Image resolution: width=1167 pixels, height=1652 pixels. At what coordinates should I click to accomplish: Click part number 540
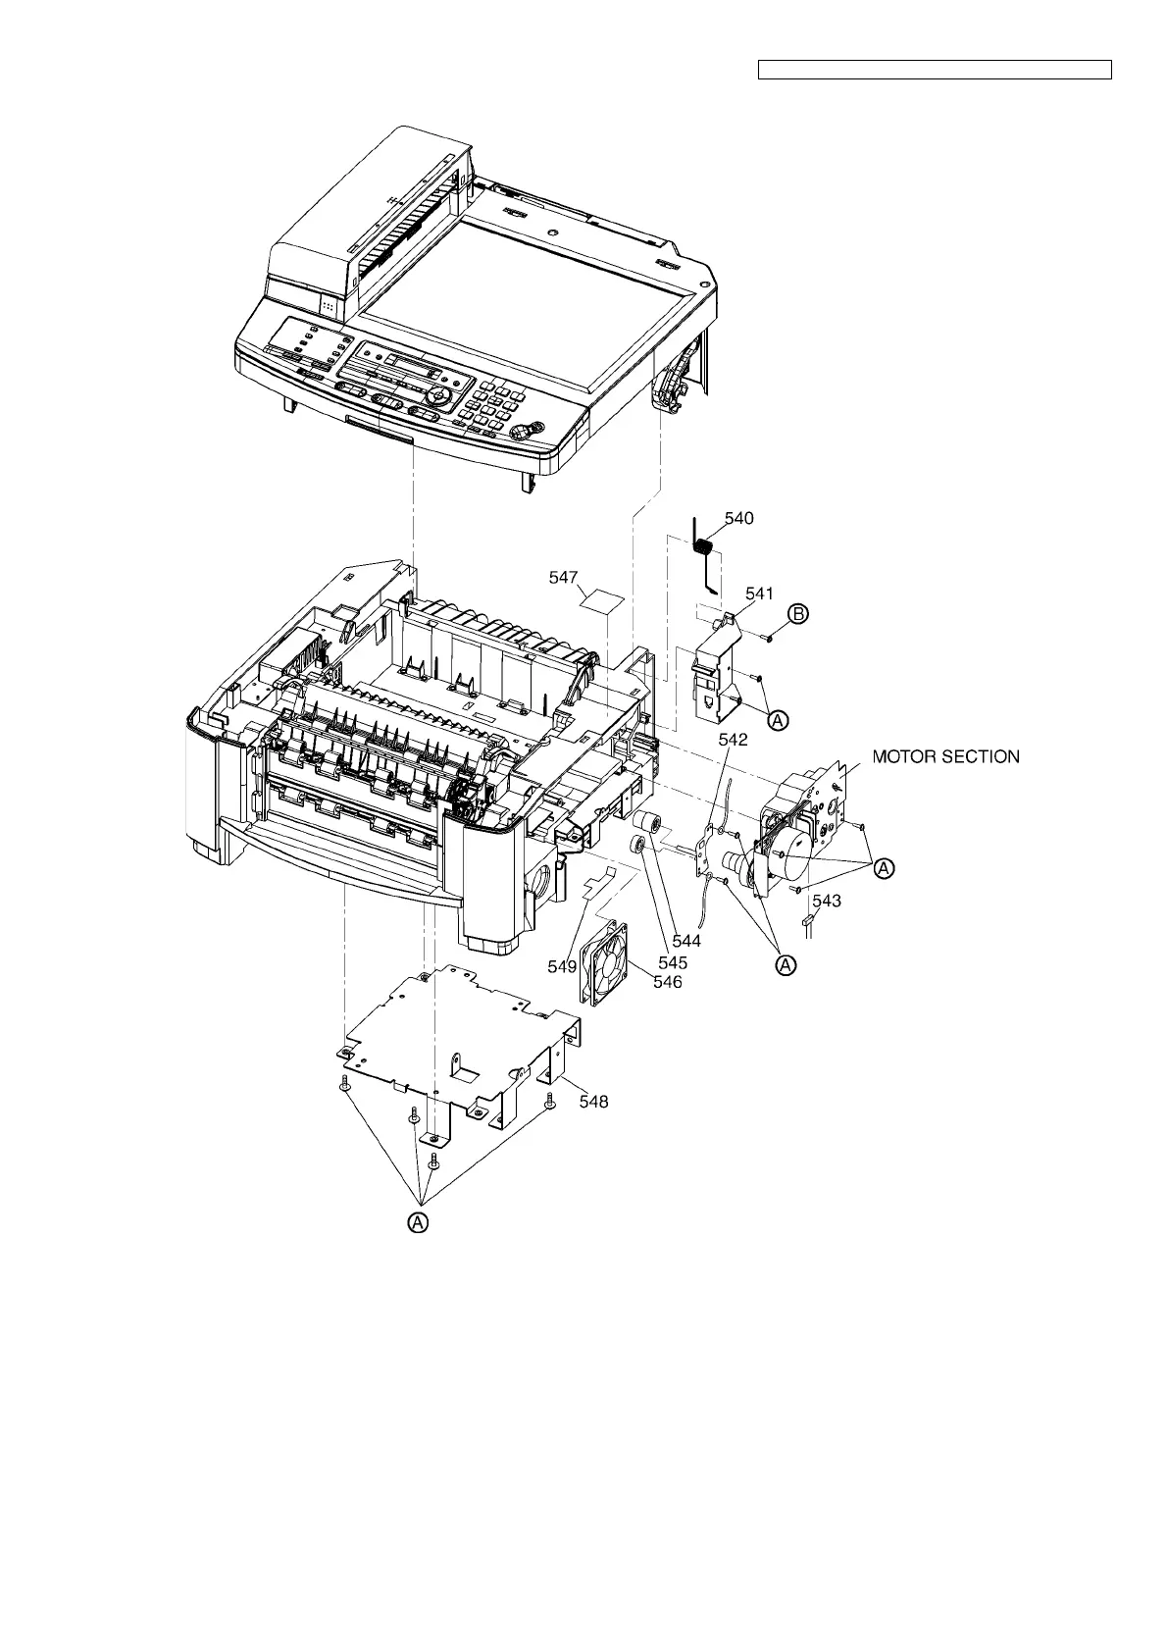coord(738,518)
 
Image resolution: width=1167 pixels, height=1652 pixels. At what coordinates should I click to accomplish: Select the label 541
coord(759,594)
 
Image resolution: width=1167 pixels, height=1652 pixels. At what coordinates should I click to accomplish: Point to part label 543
coord(827,901)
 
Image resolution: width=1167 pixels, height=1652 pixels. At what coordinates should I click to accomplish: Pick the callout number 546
coord(668,981)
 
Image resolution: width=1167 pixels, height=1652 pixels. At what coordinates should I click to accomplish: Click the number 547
coord(563,579)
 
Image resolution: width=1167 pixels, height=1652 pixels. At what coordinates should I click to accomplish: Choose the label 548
coord(593,1102)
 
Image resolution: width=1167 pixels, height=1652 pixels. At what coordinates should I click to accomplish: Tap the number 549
coord(562,966)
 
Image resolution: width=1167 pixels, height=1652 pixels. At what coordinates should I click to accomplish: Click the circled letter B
coord(799,614)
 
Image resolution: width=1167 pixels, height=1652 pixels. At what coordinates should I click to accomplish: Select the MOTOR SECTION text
coord(945,756)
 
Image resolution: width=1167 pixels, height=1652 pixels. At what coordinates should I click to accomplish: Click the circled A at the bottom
coord(419,1222)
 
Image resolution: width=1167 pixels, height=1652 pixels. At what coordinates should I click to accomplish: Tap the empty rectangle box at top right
coord(935,70)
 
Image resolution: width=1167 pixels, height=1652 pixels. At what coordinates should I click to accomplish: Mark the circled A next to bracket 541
coord(777,720)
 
